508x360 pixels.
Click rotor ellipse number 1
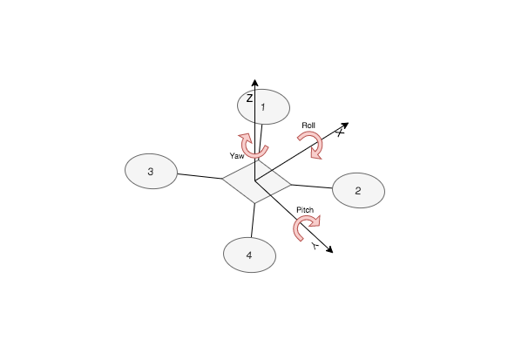point(263,106)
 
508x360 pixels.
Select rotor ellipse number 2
point(358,190)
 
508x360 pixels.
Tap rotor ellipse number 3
point(151,171)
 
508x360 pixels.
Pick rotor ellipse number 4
point(249,255)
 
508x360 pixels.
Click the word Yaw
point(237,156)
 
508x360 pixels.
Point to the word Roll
point(308,126)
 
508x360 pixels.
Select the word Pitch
point(305,210)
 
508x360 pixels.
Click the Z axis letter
point(249,98)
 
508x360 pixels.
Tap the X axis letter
point(340,132)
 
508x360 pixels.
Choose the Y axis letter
point(315,246)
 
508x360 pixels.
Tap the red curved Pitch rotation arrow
point(297,223)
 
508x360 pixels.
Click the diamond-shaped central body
point(256,182)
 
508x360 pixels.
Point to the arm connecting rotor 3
point(200,176)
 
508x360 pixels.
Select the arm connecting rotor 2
point(311,187)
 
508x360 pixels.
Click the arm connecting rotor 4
point(253,221)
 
